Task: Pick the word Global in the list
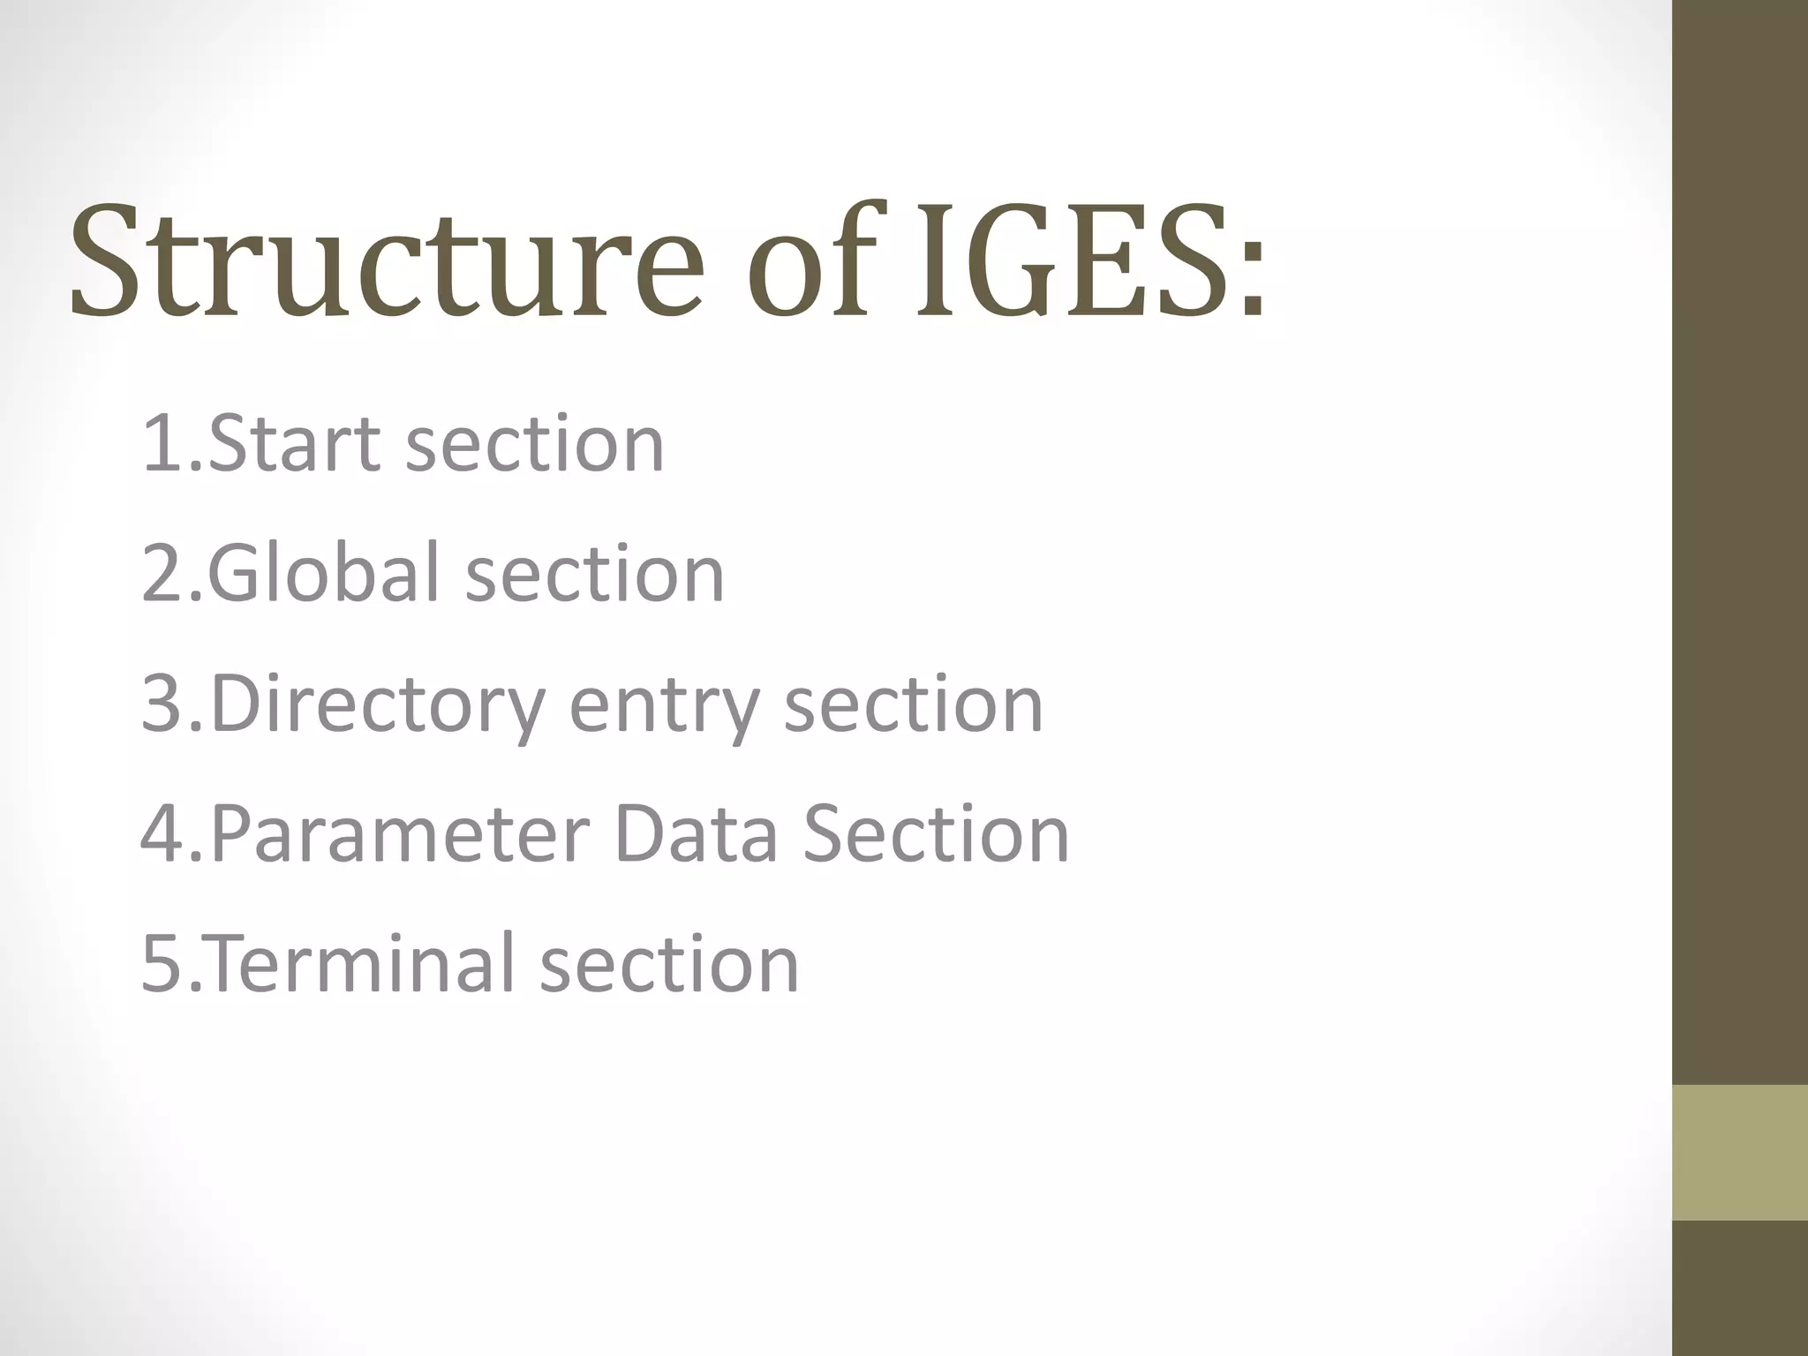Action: [x=323, y=574]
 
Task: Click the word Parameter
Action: [x=400, y=835]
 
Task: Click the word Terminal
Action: [x=362, y=964]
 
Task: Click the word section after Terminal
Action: [x=669, y=964]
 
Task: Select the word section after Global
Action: [x=594, y=574]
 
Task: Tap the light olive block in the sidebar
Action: [x=1740, y=1153]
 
